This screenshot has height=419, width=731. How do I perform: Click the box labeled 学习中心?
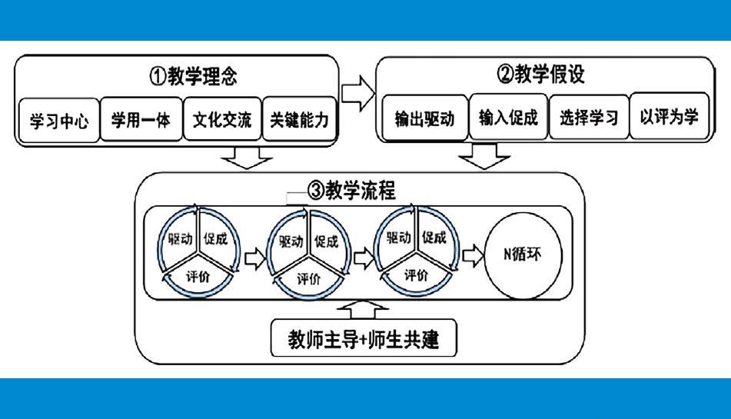[x=59, y=121]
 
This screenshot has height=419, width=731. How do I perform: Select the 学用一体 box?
[x=141, y=121]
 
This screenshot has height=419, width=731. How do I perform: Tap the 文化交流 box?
[x=222, y=121]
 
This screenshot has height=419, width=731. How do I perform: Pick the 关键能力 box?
[x=300, y=121]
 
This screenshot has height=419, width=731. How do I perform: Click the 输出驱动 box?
[x=424, y=118]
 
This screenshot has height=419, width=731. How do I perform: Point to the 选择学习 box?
[x=589, y=118]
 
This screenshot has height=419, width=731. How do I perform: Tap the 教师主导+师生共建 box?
[x=363, y=338]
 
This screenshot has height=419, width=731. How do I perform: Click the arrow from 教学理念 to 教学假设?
[x=357, y=94]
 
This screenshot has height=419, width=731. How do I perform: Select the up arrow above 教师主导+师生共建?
[x=364, y=309]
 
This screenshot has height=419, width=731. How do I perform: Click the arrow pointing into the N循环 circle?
[x=473, y=256]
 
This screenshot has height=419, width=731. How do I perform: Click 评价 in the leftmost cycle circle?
[x=198, y=275]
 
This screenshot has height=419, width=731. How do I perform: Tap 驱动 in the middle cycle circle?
[x=291, y=243]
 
